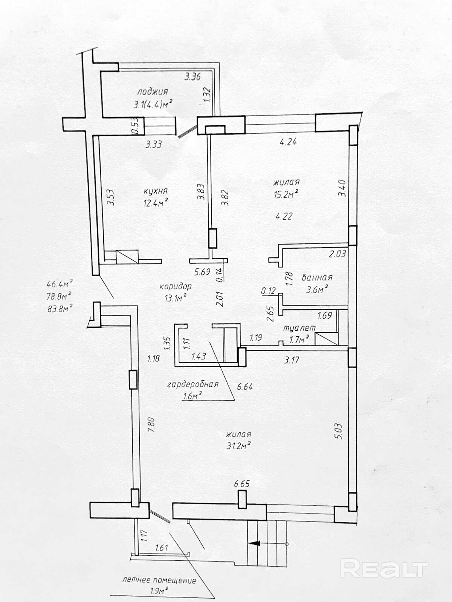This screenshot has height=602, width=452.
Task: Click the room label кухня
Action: [x=155, y=191]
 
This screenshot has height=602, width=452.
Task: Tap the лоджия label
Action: [x=153, y=91]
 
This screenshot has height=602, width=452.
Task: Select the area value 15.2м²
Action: [x=286, y=195]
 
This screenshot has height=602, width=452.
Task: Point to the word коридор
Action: [x=176, y=287]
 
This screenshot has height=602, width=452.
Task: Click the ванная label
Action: [x=317, y=278]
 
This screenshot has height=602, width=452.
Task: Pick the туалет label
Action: [x=299, y=328]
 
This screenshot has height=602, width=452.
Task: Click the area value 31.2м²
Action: [x=238, y=446]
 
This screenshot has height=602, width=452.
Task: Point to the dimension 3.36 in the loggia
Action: [x=192, y=77]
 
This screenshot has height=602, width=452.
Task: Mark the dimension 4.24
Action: [x=288, y=142]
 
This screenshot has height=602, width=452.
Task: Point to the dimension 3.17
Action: [x=292, y=360]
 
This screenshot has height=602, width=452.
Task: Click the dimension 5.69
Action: [x=202, y=272]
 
